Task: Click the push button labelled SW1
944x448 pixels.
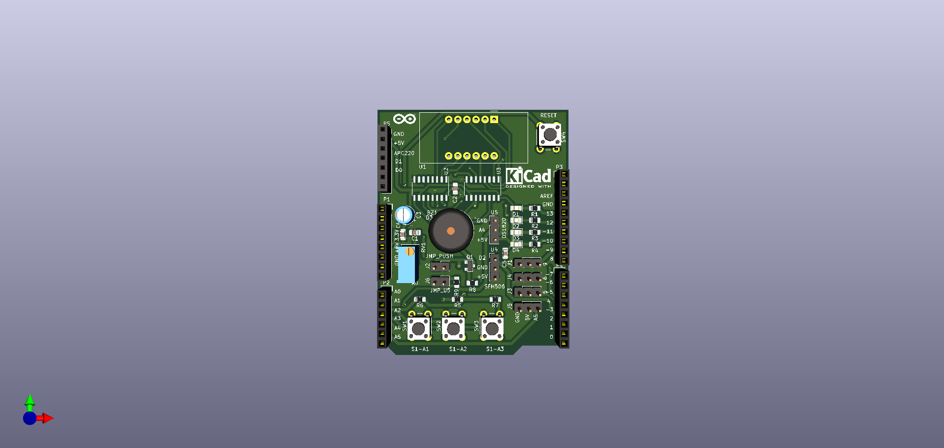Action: [419, 327]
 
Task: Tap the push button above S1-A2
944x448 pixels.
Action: [453, 327]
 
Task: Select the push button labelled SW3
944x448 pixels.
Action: [492, 327]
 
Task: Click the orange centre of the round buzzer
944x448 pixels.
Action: [450, 231]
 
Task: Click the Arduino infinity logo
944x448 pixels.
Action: [405, 119]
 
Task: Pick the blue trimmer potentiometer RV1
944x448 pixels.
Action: [408, 264]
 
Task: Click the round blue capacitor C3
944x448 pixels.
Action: [404, 215]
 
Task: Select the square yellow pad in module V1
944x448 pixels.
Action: [494, 119]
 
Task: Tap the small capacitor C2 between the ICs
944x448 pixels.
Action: [455, 189]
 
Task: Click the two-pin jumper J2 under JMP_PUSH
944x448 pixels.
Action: [440, 267]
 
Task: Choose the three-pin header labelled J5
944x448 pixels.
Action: [528, 308]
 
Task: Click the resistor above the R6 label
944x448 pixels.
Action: [420, 299]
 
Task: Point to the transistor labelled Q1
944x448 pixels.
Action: [469, 266]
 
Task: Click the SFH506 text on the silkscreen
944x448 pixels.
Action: [494, 287]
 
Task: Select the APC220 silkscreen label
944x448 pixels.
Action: [404, 153]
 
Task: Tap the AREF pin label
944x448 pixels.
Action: [546, 196]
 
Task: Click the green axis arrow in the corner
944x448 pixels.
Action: [30, 400]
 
